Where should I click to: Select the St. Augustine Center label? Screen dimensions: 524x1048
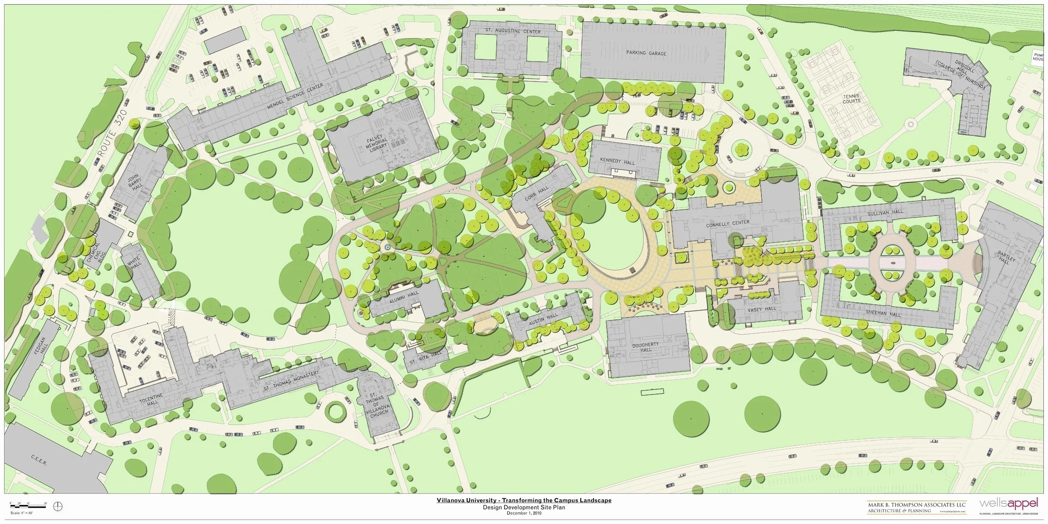(x=513, y=31)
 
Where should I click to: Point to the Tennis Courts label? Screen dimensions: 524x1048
(x=851, y=99)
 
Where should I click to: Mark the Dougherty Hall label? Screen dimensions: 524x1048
(x=646, y=347)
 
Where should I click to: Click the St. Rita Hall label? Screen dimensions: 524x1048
(x=426, y=356)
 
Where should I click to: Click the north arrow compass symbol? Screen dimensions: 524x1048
(x=58, y=507)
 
